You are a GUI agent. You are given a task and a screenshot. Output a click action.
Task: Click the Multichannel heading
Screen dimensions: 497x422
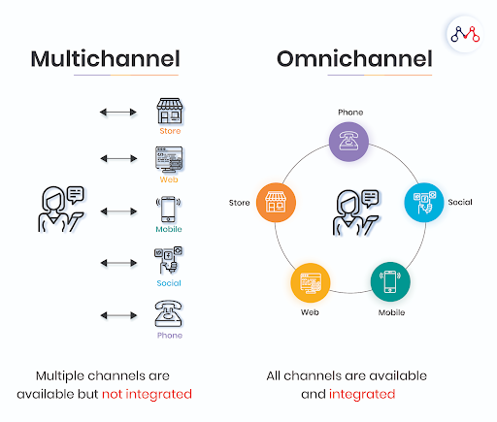click(105, 59)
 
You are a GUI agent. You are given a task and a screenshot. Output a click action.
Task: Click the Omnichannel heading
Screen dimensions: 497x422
click(354, 59)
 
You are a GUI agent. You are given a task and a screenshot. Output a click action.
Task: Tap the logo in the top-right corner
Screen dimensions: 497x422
click(465, 34)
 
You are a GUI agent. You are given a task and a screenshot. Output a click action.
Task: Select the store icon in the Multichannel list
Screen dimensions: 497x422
click(170, 111)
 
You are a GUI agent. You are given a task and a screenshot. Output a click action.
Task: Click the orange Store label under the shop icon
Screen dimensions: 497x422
click(170, 131)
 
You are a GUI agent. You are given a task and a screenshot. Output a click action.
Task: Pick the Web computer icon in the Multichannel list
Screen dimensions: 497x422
click(169, 160)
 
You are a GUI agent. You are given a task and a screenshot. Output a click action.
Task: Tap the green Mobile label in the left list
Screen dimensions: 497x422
click(169, 229)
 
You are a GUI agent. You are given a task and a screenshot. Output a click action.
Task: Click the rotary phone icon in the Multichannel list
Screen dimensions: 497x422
click(168, 313)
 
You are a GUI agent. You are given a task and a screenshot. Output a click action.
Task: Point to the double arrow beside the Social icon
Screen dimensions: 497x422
click(118, 263)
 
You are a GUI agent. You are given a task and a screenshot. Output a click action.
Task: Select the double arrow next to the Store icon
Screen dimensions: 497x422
click(118, 113)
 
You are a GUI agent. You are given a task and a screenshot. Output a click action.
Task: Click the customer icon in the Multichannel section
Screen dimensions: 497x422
click(61, 209)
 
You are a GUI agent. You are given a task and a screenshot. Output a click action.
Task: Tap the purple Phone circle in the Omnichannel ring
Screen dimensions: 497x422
click(348, 142)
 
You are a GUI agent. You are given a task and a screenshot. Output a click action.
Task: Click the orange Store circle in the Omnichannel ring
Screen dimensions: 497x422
click(276, 203)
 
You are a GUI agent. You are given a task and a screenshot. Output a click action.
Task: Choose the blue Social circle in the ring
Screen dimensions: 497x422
click(424, 203)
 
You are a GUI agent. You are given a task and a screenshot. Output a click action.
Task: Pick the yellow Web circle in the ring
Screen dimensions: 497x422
click(311, 282)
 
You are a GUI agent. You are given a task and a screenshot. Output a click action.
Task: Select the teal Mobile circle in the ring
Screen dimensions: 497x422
click(390, 282)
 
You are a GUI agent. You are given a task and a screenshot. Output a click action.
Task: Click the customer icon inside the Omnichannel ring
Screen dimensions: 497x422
click(356, 212)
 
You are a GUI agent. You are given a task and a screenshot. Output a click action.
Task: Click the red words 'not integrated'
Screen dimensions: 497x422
click(147, 394)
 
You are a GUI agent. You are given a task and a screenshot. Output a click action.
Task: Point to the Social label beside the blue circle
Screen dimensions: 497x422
click(460, 203)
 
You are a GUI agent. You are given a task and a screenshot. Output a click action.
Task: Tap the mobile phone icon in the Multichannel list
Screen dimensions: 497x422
click(168, 210)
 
